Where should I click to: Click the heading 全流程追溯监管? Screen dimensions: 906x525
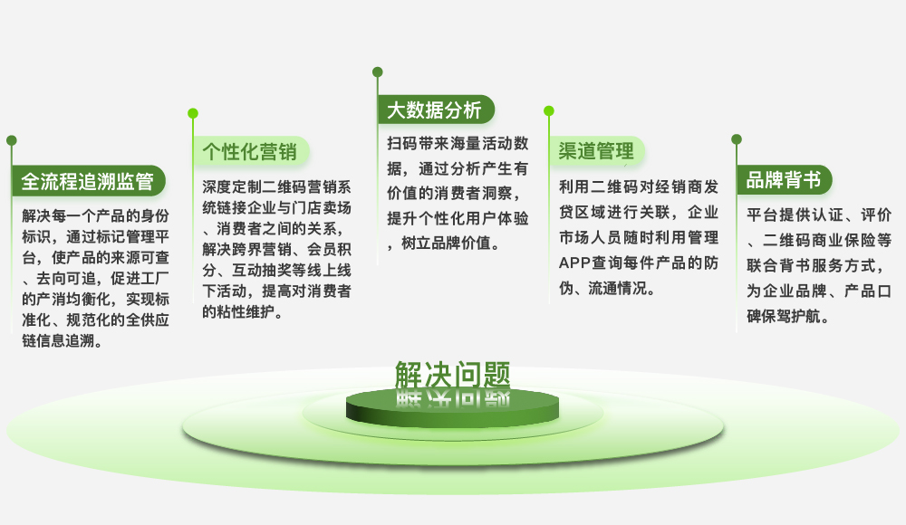coord(87,181)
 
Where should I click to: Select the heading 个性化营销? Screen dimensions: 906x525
coord(250,152)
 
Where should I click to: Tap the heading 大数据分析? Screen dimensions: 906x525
coord(434,110)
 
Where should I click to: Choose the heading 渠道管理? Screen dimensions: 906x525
coord(596,151)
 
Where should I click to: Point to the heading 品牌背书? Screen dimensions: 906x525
coord(783,179)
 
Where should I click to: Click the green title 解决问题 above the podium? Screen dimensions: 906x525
coord(452,375)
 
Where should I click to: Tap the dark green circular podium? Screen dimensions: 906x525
coord(452,407)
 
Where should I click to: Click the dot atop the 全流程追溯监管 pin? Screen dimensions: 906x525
coord(12,140)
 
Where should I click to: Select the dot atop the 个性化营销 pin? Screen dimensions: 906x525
coord(193,113)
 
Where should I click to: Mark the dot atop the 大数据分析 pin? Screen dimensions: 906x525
coord(377,72)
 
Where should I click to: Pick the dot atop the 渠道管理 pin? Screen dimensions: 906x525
coord(549,111)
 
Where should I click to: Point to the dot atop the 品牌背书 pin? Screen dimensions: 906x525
coord(736,139)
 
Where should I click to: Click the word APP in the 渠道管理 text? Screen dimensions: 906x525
coord(574,262)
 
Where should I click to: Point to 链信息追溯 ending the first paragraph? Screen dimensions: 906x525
coord(58,340)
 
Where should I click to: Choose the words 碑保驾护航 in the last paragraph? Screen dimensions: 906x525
coord(783,317)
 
